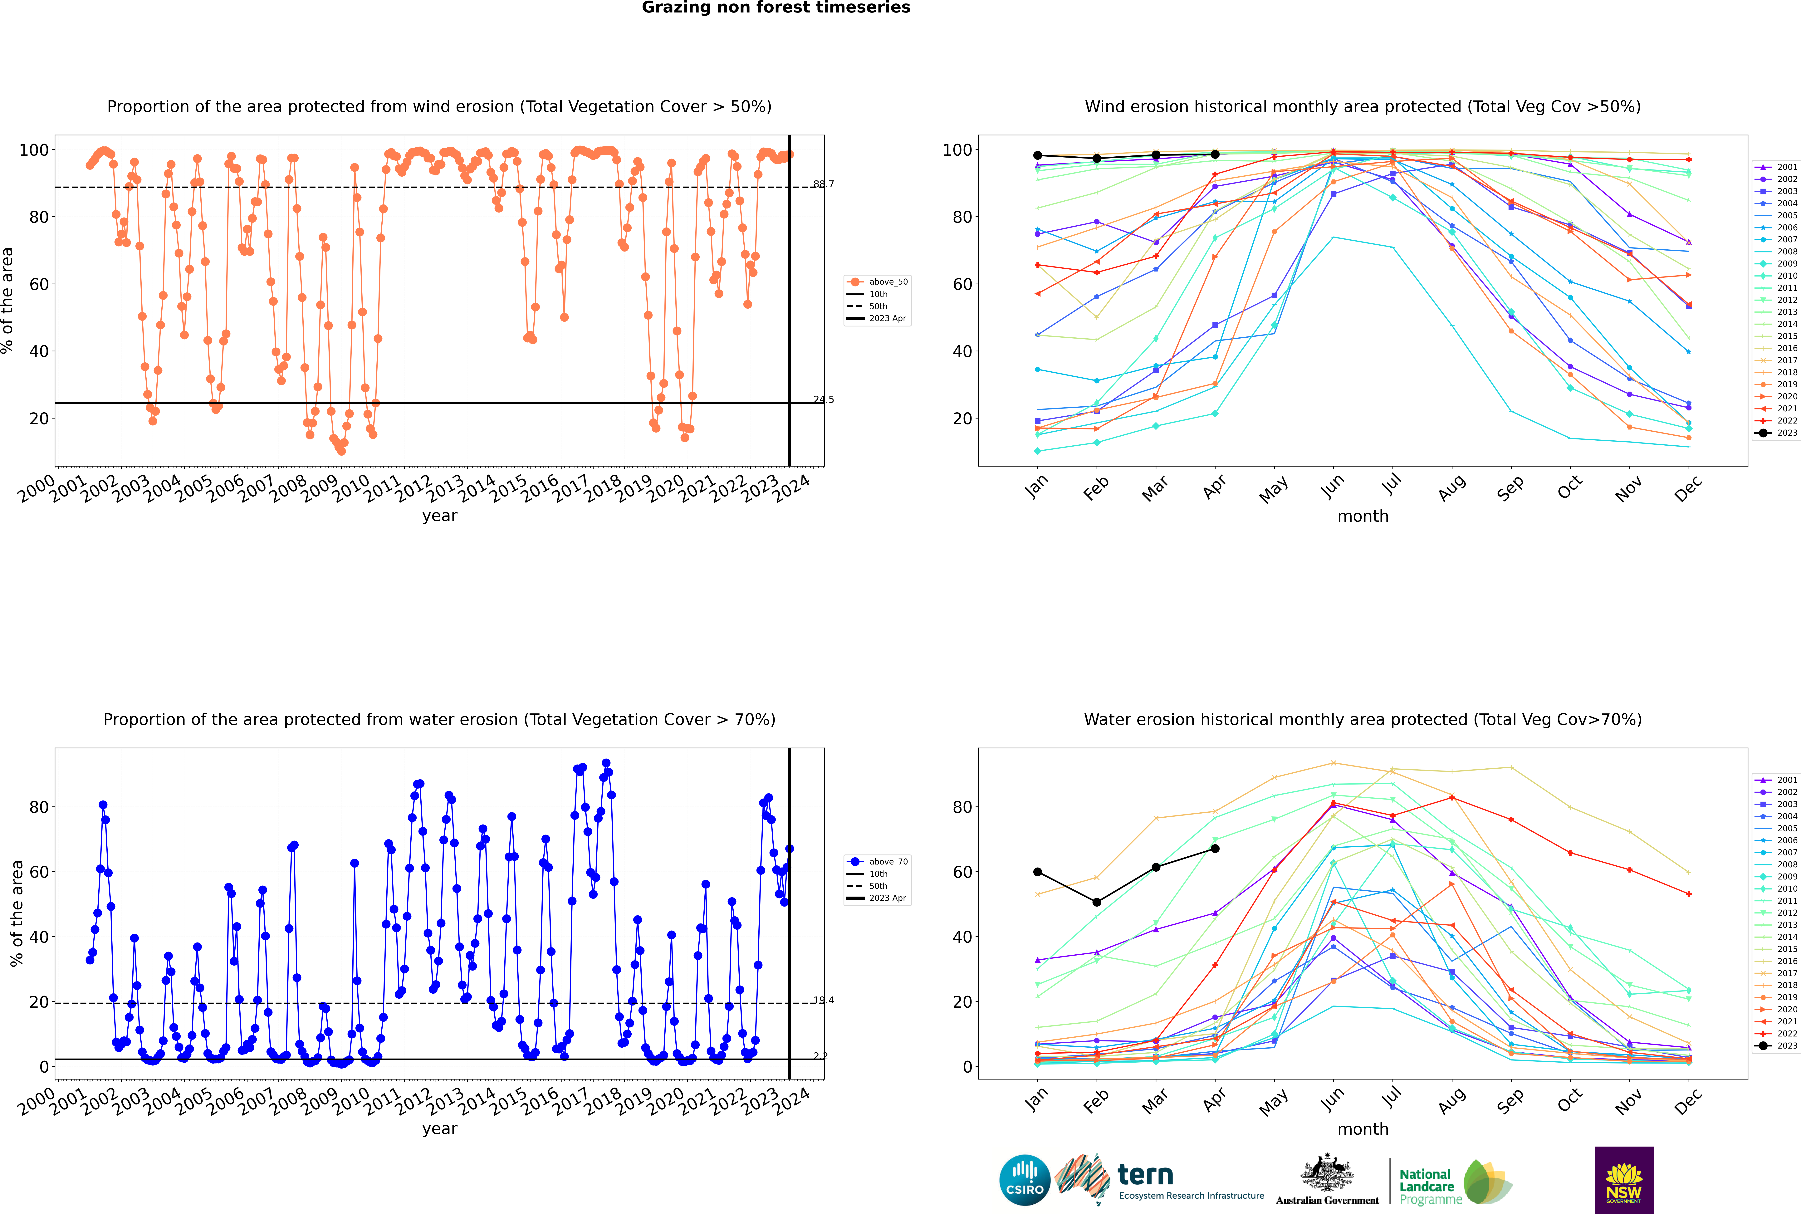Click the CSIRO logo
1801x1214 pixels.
pyautogui.click(x=1024, y=1180)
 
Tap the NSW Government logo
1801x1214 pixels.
pyautogui.click(x=1624, y=1179)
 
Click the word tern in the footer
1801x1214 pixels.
pyautogui.click(x=1145, y=1175)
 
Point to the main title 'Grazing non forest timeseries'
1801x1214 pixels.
pyautogui.click(x=776, y=8)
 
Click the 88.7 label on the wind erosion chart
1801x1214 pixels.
pyautogui.click(x=823, y=184)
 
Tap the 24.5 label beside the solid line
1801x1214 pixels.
pyautogui.click(x=823, y=399)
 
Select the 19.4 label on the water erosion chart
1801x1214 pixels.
pyautogui.click(x=823, y=1000)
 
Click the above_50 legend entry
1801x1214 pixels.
pyautogui.click(x=877, y=282)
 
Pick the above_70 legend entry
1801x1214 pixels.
pyautogui.click(x=877, y=862)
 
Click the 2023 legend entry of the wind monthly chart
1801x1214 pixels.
pyautogui.click(x=1777, y=433)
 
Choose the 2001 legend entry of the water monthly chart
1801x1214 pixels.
pyautogui.click(x=1777, y=780)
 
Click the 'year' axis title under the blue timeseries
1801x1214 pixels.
pyautogui.click(x=440, y=1129)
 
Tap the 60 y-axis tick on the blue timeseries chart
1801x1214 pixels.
pyautogui.click(x=39, y=872)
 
